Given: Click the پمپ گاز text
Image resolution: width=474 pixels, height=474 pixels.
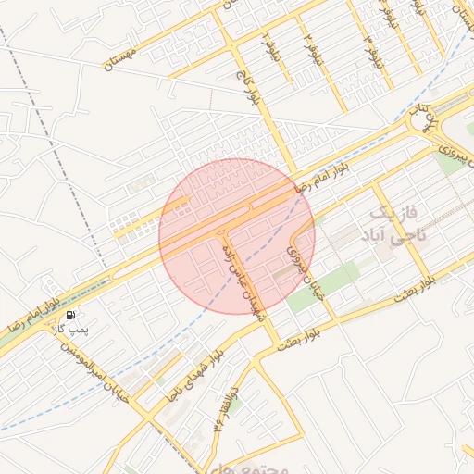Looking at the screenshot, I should pyautogui.click(x=69, y=330).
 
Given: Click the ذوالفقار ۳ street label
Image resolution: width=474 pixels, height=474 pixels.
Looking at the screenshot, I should pyautogui.click(x=226, y=408).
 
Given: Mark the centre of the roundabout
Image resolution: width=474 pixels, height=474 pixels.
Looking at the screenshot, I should pyautogui.click(x=422, y=118).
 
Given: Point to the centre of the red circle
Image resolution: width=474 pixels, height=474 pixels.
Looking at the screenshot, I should pyautogui.click(x=237, y=236).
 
